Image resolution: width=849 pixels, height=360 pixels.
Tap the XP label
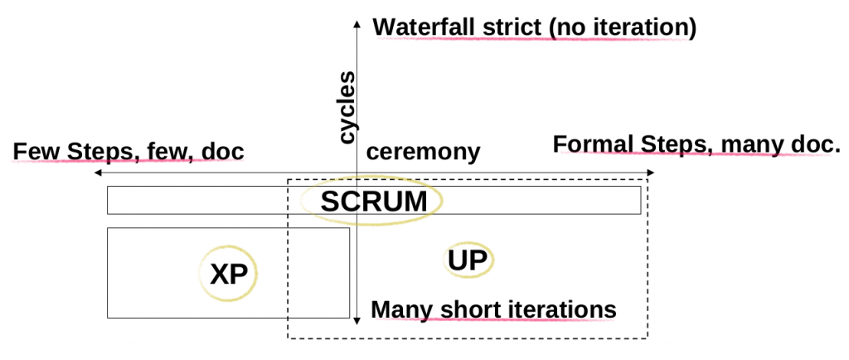228,275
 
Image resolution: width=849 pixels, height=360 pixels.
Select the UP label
467,260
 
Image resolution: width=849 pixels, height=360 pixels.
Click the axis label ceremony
423,152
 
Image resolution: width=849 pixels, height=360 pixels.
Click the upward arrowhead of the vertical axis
356,22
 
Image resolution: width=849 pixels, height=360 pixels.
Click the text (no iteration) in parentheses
622,27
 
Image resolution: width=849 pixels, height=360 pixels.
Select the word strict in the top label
513,27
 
